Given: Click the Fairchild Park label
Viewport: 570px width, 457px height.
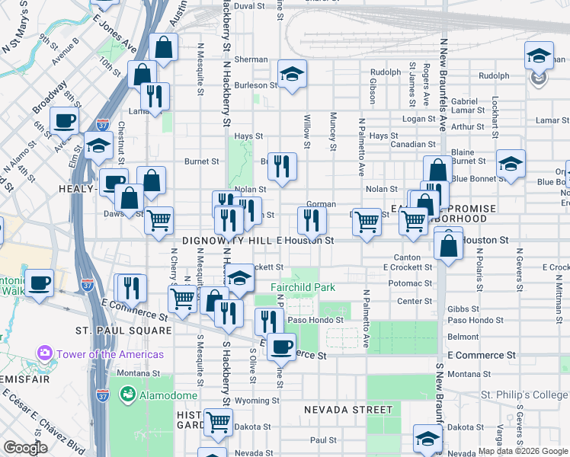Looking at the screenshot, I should tap(303, 287).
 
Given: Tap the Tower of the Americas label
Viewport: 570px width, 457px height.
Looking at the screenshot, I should tap(108, 354).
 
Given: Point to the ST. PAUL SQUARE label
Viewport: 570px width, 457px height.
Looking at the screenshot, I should tap(123, 331).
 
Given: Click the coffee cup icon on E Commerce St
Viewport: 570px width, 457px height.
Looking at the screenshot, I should tap(281, 347).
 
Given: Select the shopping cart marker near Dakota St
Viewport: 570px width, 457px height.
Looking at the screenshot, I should tap(218, 420).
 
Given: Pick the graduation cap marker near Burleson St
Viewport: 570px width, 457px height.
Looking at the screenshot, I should tap(291, 74).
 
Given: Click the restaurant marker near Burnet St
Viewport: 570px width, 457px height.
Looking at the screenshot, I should tap(282, 165).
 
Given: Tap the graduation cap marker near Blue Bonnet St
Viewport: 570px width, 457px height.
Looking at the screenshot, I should tap(510, 164).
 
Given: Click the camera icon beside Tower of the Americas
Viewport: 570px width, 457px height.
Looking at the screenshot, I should tap(44, 354).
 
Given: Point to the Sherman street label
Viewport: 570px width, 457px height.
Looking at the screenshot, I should tap(250, 59).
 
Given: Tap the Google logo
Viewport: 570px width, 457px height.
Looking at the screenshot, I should tap(25, 448).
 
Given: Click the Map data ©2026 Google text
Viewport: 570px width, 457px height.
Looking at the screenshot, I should tap(523, 451).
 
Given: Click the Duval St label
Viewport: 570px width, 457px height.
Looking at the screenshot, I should tap(248, 5).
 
